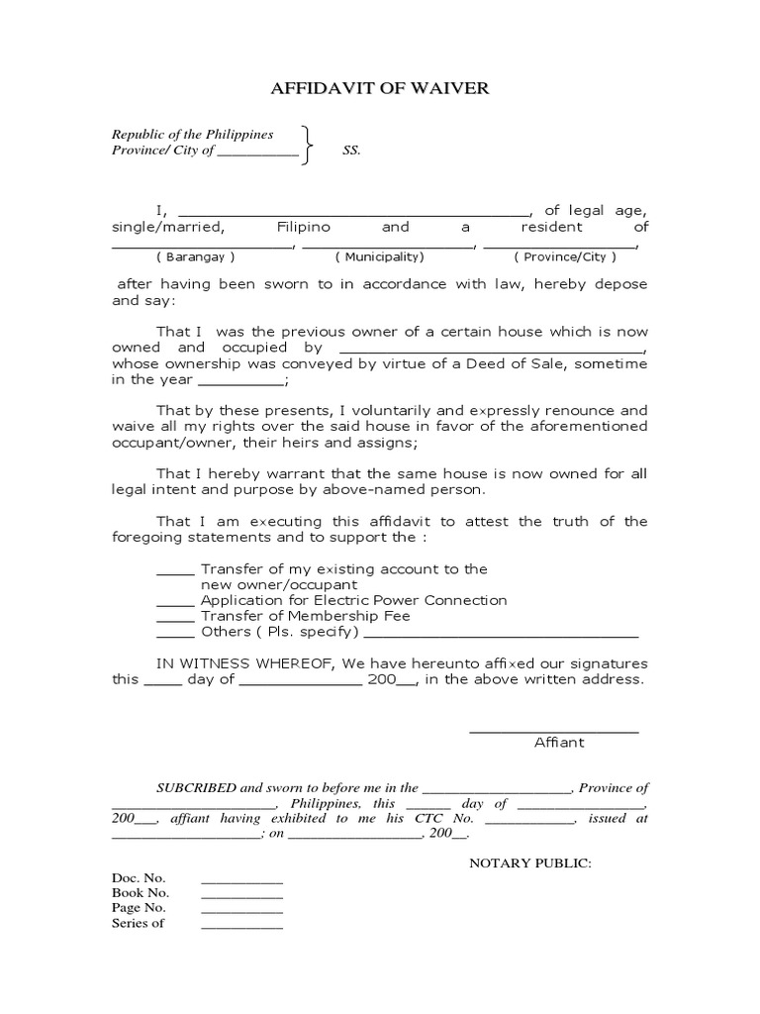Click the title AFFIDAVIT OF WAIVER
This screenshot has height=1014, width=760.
(380, 89)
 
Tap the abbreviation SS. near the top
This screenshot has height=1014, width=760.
(351, 151)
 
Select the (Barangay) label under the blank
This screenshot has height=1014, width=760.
(201, 256)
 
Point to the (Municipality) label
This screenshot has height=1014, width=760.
(379, 256)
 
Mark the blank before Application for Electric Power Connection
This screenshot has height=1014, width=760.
(175, 602)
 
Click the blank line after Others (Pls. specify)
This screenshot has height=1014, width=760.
(502, 634)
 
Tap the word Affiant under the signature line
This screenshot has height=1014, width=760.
(559, 742)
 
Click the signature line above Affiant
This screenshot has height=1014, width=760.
(553, 732)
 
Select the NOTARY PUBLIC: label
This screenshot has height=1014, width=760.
(529, 863)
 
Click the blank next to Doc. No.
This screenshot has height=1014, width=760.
(241, 880)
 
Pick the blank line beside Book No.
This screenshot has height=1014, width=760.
(241, 895)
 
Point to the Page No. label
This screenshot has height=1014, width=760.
(139, 907)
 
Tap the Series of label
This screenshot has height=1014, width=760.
(138, 923)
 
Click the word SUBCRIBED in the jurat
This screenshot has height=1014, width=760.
(196, 788)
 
